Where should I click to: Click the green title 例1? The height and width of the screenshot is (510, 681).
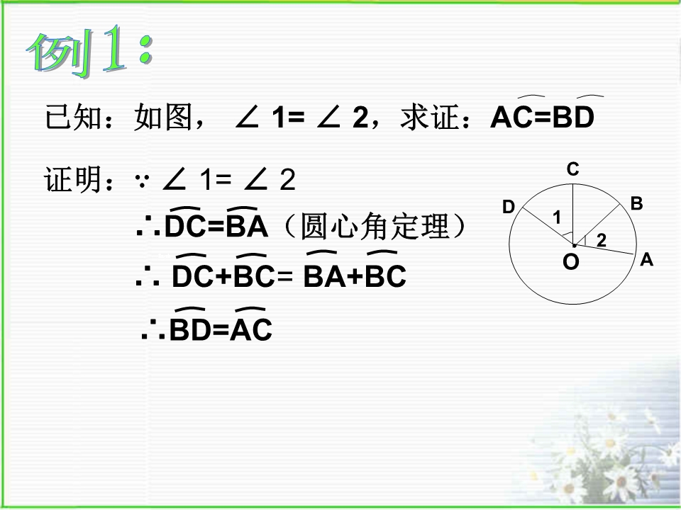click(89, 51)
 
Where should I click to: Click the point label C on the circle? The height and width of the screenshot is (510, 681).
click(573, 169)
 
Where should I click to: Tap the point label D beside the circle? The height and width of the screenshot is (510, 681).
click(509, 207)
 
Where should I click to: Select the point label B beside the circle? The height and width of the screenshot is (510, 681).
click(637, 203)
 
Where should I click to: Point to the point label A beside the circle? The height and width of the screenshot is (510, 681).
click(647, 259)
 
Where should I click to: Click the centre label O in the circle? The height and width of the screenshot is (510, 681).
click(571, 262)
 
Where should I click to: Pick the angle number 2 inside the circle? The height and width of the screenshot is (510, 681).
click(602, 240)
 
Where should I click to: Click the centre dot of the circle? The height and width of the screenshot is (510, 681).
click(574, 246)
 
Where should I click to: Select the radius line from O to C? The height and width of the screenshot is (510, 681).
click(573, 214)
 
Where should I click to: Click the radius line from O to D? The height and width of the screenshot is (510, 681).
click(547, 226)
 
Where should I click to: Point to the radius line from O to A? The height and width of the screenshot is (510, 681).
click(604, 250)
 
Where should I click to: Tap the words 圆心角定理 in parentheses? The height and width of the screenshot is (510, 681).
click(375, 226)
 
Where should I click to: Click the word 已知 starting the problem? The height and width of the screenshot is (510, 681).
click(74, 117)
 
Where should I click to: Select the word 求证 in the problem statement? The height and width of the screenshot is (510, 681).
click(429, 117)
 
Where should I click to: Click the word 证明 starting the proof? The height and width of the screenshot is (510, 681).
click(73, 179)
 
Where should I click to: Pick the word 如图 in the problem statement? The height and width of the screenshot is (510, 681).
click(163, 117)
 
